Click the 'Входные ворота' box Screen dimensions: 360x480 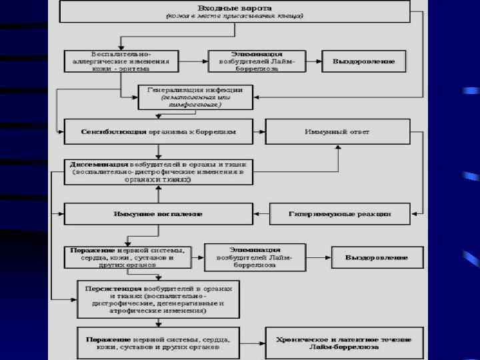(x=234, y=10)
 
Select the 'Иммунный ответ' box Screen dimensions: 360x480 (x=337, y=131)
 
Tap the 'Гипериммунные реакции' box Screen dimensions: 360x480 (x=339, y=214)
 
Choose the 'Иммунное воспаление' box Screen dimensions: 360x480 (x=158, y=214)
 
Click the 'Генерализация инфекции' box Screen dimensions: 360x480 (x=194, y=97)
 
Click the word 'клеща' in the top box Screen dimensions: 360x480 (x=289, y=15)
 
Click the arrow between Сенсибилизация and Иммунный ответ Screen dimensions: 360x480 (x=259, y=131)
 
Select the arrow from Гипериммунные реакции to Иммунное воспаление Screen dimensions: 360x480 (x=261, y=214)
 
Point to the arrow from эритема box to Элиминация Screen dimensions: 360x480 (x=194, y=61)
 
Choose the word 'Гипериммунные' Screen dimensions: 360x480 (x=318, y=214)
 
